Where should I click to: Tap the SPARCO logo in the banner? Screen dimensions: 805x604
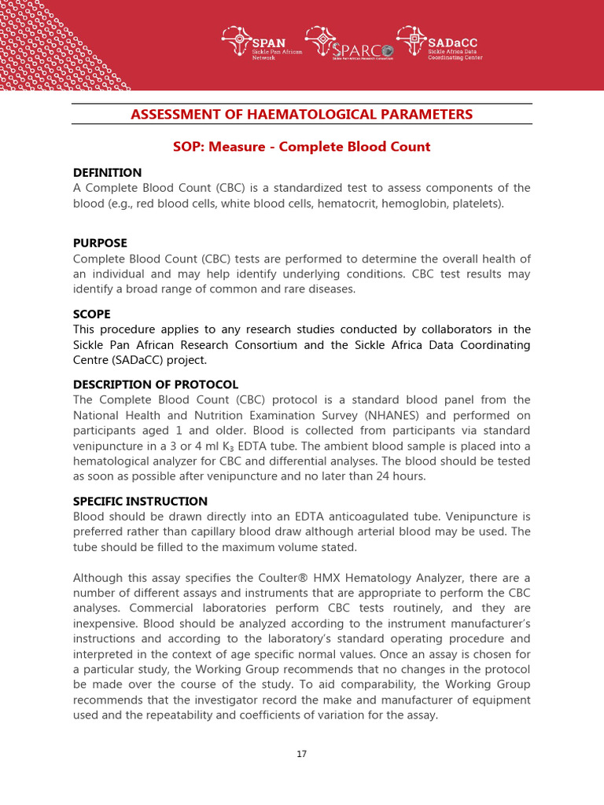349,44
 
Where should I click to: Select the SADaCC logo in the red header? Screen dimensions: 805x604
440,44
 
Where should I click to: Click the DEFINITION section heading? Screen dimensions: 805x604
107,172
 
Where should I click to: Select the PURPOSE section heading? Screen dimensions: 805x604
100,243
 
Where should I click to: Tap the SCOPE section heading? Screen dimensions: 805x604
91,314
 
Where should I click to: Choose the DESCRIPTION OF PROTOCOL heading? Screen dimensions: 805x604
155,384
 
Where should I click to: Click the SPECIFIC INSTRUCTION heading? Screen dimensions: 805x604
140,501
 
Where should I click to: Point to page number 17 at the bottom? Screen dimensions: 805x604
302,754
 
